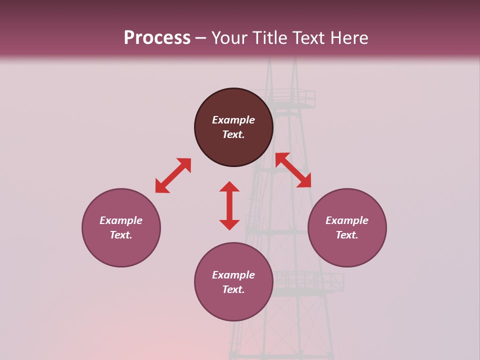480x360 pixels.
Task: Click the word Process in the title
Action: point(157,38)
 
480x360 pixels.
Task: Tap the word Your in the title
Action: point(230,38)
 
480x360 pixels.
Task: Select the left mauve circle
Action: point(121,250)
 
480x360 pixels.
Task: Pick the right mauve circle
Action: point(347,250)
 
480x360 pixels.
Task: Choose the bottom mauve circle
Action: point(233,305)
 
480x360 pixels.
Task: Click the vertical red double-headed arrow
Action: point(229,205)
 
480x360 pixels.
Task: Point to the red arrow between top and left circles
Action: point(173,175)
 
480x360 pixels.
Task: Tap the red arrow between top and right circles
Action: point(293,170)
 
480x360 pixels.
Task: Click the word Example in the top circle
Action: point(233,120)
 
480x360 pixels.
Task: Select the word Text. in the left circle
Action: point(121,235)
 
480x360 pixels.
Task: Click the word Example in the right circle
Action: point(347,220)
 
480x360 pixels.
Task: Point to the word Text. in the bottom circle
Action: point(233,289)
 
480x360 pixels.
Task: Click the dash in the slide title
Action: point(201,38)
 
